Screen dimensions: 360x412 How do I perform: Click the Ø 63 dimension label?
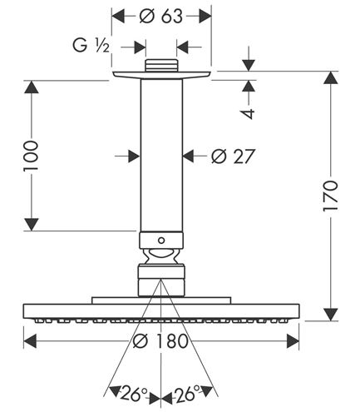(x=161, y=16)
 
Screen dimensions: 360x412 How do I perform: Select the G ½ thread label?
(x=91, y=46)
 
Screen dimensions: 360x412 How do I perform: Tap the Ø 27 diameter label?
(x=233, y=156)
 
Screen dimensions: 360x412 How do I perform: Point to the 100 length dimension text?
(x=31, y=156)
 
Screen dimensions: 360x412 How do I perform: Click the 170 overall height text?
(x=330, y=196)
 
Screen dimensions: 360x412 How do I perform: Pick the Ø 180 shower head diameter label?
(x=160, y=341)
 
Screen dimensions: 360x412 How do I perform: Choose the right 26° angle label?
(x=186, y=394)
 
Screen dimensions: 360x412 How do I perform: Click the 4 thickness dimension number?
(x=249, y=113)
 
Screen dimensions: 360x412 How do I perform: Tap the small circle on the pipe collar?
(x=161, y=241)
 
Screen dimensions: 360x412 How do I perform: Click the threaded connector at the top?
(x=161, y=66)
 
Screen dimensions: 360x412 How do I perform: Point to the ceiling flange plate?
(x=162, y=75)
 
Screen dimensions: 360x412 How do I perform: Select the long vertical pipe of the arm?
(x=161, y=156)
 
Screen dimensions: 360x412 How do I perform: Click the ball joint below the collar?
(x=161, y=256)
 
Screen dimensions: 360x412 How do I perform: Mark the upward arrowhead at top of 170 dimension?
(x=331, y=77)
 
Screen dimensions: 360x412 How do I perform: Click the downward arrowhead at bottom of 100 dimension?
(x=31, y=224)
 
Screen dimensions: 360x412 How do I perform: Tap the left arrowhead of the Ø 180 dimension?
(x=30, y=341)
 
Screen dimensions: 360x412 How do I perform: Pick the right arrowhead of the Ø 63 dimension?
(x=205, y=16)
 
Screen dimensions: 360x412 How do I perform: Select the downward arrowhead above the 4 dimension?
(x=249, y=65)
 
